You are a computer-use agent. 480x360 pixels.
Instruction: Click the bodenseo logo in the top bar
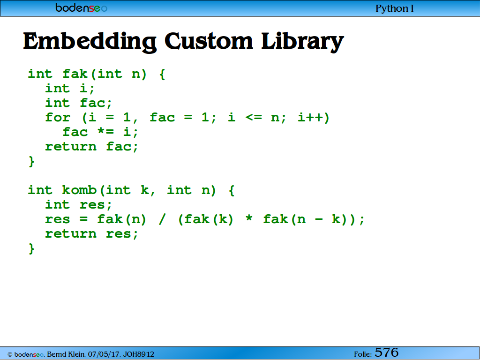pos(82,7)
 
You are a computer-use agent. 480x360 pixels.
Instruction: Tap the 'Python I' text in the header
pos(395,8)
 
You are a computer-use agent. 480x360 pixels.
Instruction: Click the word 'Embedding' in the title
pos(90,42)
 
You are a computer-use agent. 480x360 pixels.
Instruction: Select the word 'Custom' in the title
pos(209,41)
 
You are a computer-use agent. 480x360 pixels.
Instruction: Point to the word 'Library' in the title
pos(302,42)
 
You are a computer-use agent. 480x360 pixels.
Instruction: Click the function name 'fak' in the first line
pos(75,74)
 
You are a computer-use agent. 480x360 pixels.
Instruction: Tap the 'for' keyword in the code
pos(58,118)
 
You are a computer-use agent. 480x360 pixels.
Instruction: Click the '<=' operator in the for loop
pos(254,118)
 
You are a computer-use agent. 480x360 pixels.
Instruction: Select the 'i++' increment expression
pos(310,118)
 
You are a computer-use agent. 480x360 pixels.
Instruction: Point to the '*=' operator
pos(105,132)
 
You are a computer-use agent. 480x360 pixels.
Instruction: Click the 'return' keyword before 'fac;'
pos(71,147)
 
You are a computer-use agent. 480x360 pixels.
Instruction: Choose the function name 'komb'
pos(79,190)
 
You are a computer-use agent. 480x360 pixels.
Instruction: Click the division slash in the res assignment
pos(162,219)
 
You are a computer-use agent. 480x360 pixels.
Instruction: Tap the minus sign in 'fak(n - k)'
pos(319,219)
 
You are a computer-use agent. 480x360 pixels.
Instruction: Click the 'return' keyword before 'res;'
pos(71,234)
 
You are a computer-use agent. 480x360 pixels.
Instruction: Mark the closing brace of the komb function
pos(31,248)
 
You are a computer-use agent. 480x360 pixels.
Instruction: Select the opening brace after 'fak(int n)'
pos(162,75)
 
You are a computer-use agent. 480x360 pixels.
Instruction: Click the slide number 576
pos(386,352)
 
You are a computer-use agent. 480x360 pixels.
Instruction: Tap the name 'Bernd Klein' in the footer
pos(66,354)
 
